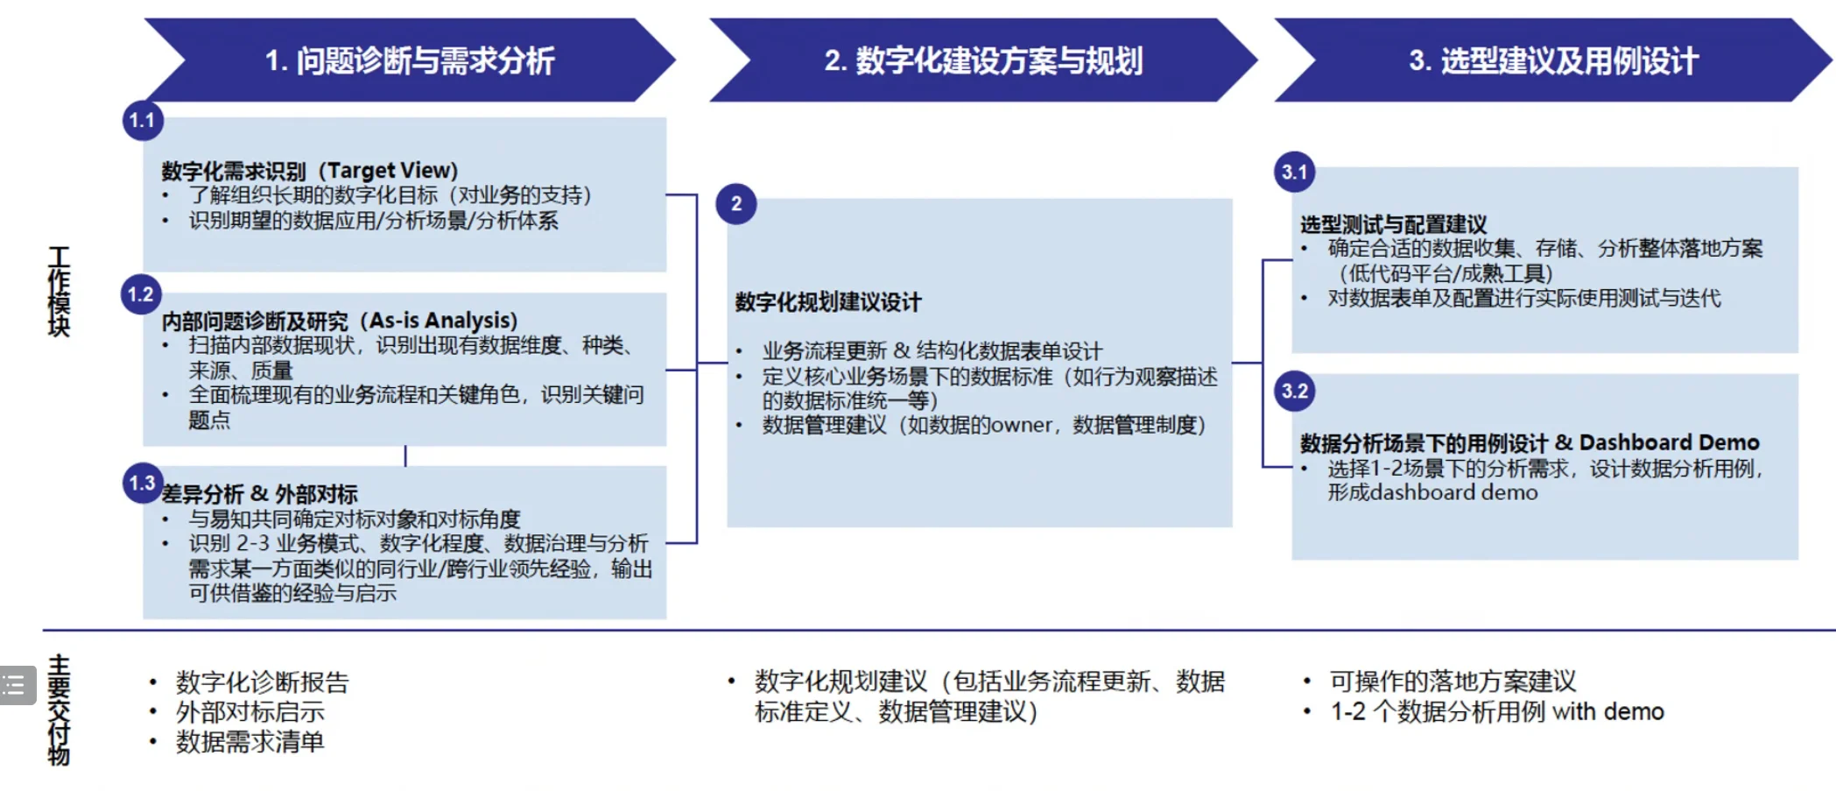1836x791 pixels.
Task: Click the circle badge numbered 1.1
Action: (143, 121)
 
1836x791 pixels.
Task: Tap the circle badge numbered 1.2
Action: (141, 294)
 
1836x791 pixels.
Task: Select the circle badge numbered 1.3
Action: (143, 483)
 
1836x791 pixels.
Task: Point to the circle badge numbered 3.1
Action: (1294, 172)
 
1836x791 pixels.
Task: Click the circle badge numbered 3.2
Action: (1294, 391)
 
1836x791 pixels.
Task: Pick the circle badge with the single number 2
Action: (736, 204)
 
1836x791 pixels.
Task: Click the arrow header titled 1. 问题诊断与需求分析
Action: (410, 60)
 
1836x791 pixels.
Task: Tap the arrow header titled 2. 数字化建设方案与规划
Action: (982, 60)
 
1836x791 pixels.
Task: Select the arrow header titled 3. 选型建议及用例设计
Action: (1552, 60)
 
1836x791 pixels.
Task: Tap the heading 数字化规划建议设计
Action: (828, 302)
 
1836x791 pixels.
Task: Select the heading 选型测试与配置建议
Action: (1393, 224)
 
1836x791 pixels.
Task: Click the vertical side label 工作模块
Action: (59, 292)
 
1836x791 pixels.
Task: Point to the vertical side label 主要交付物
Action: (59, 710)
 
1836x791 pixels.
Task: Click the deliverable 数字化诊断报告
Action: (262, 682)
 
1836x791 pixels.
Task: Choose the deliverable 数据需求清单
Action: (250, 742)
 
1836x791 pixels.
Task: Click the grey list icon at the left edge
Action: (15, 685)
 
